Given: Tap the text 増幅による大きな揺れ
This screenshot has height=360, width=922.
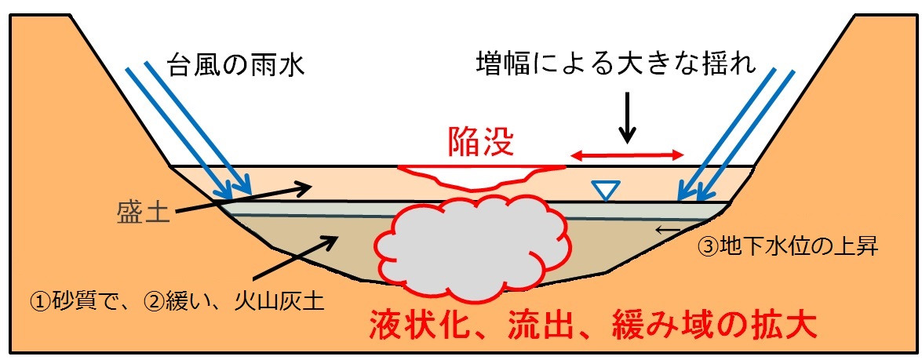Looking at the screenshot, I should pos(616,64).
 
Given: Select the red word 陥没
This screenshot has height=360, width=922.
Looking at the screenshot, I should pos(479,141).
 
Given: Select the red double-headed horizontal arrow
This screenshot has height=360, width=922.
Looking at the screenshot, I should pos(627,157).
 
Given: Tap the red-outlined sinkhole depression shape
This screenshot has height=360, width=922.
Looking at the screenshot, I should pos(479,176).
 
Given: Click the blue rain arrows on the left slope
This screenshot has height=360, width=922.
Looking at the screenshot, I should pos(188,129).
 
